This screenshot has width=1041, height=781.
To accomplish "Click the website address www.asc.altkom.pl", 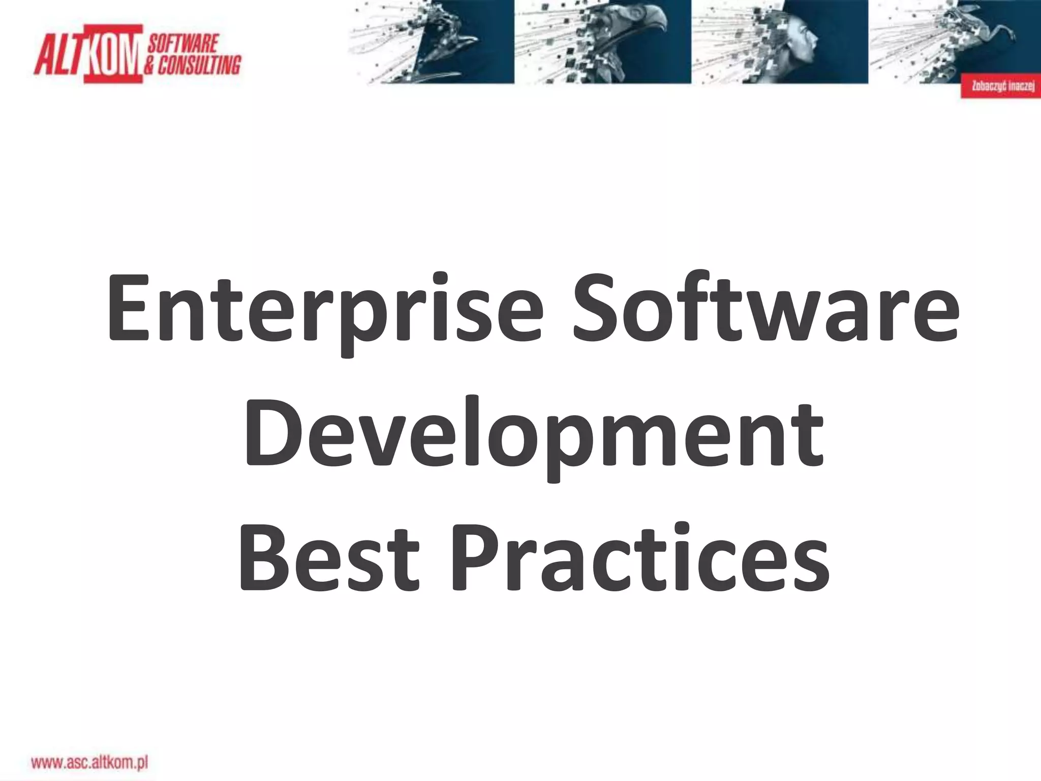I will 89,762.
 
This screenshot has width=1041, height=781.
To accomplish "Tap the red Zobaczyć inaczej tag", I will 1000,86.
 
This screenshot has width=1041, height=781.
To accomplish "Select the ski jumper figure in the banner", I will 447,41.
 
